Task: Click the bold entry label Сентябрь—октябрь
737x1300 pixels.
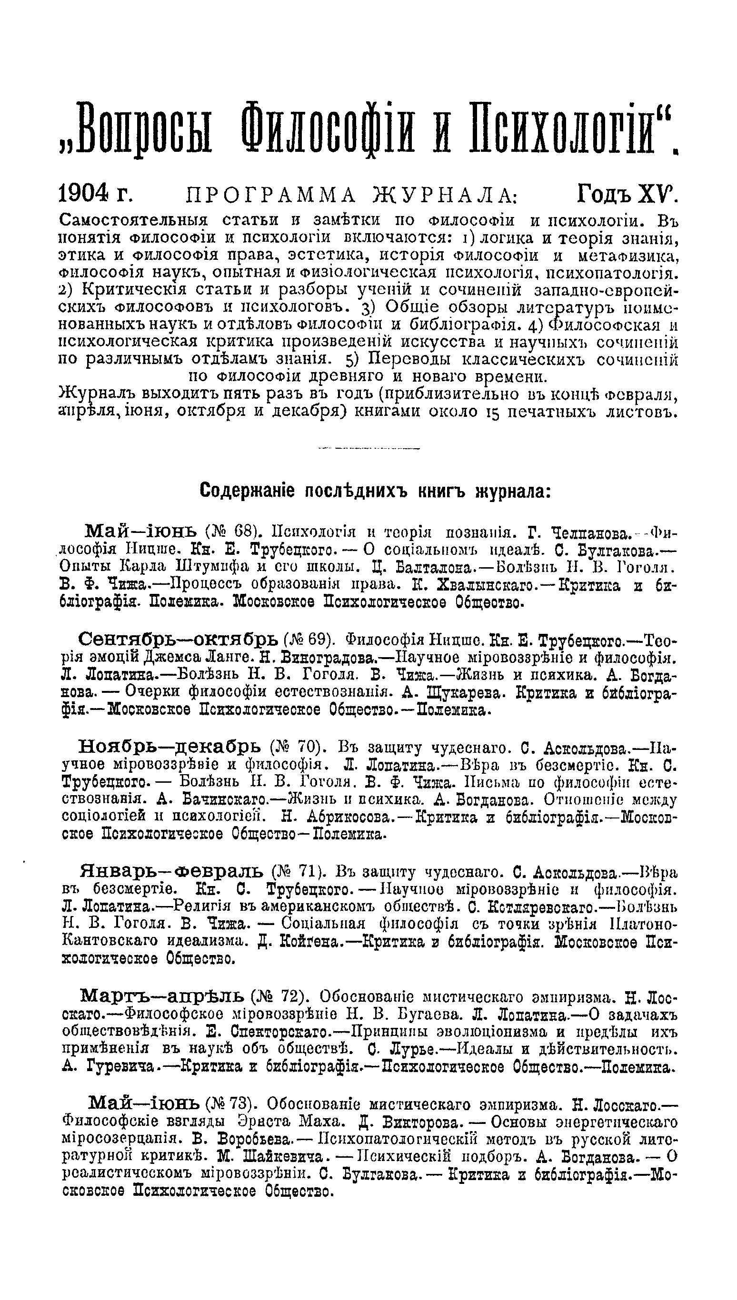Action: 177,640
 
